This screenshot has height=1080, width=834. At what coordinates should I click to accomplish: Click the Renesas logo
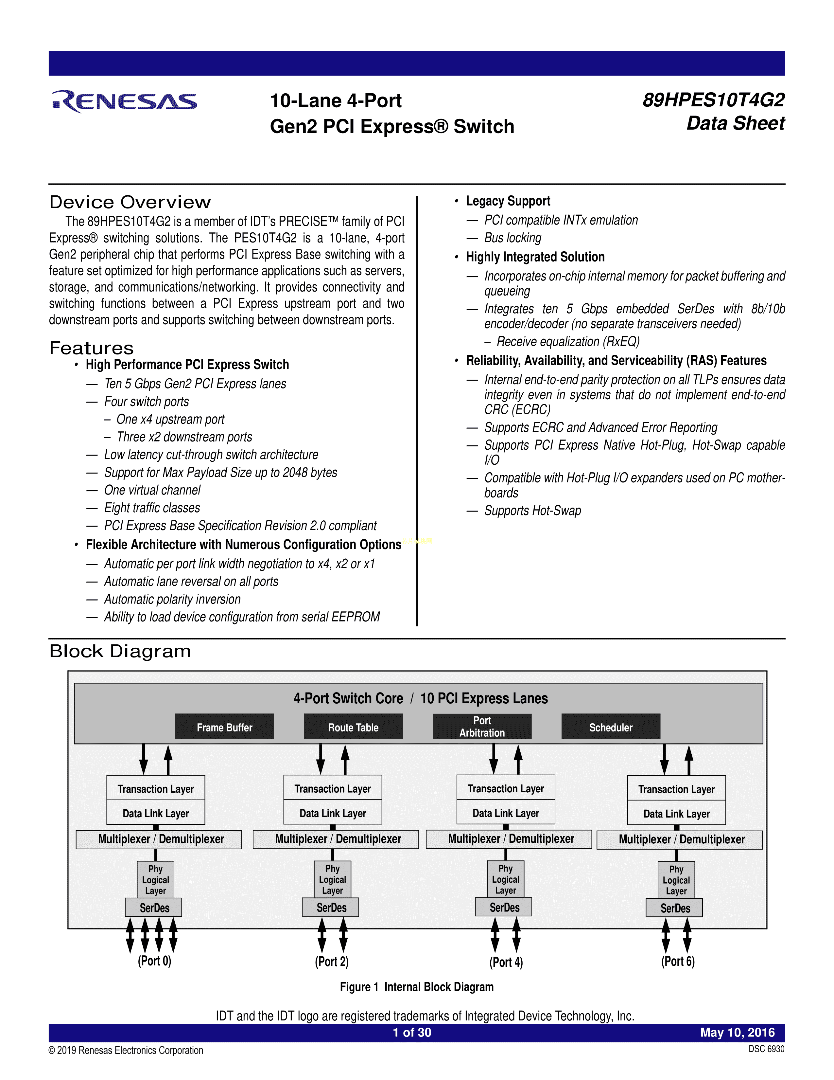click(125, 101)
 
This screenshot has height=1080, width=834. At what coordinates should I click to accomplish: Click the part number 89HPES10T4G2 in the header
click(713, 100)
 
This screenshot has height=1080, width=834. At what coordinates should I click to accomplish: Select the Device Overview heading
click(130, 202)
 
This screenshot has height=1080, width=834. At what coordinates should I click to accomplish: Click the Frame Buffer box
click(224, 727)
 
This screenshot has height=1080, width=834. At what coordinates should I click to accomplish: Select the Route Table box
click(353, 727)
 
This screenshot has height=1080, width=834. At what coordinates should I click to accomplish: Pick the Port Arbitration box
click(482, 727)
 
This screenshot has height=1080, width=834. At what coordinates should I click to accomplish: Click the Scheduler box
click(610, 727)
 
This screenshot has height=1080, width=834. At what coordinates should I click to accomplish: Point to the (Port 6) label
click(678, 961)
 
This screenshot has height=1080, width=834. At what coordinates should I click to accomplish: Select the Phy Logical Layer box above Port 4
click(505, 879)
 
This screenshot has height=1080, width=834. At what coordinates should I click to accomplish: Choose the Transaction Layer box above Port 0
click(156, 788)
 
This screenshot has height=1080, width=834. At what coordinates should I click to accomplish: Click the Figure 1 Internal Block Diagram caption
click(416, 987)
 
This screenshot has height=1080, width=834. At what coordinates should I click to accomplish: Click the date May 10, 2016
click(737, 1033)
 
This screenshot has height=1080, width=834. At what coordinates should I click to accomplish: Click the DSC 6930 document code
click(766, 1049)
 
